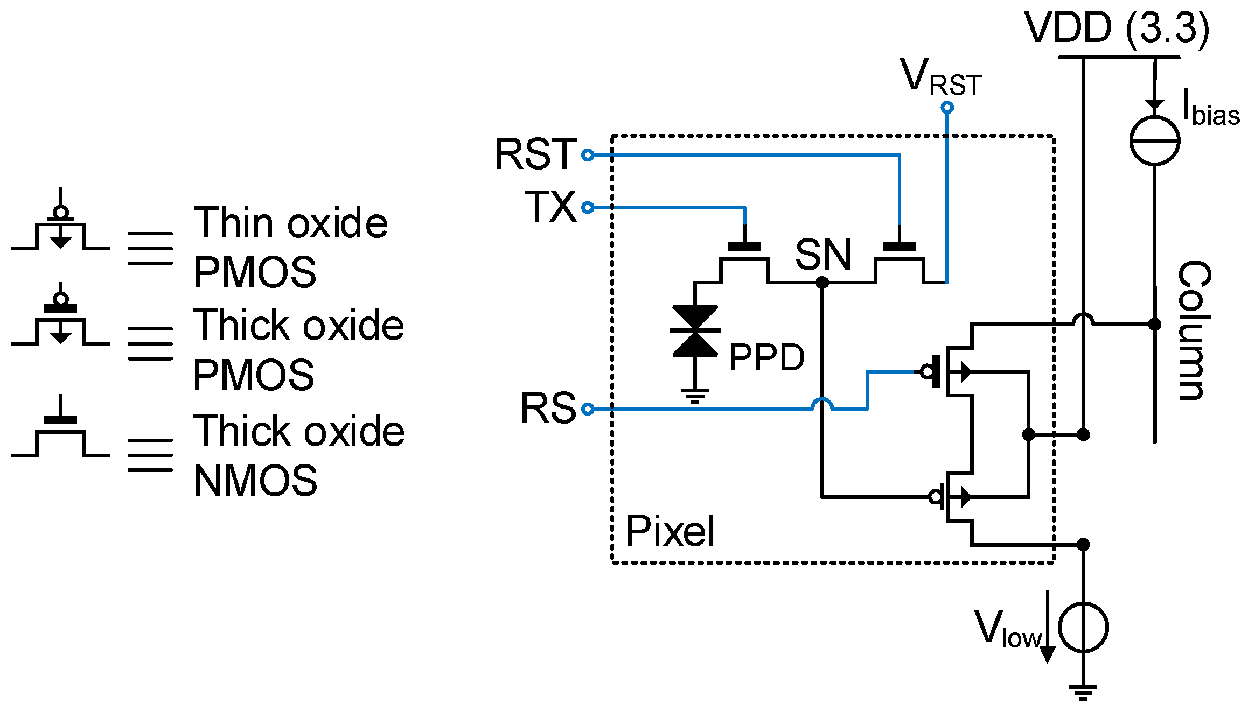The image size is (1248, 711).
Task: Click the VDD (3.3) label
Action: pos(1116,28)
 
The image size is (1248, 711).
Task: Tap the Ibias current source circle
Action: pos(1154,141)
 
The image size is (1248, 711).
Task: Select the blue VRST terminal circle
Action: pos(947,108)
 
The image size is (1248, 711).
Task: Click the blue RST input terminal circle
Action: pos(588,156)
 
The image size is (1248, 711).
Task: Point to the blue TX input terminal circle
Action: pos(588,207)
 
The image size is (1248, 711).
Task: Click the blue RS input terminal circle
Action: pos(588,409)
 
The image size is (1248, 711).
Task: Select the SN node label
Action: pos(822,255)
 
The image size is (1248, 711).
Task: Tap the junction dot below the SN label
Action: pos(822,282)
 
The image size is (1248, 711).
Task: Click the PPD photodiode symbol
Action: pos(695,331)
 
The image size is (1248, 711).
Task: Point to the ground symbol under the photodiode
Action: pos(695,396)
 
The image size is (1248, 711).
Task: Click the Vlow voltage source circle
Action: pos(1083,628)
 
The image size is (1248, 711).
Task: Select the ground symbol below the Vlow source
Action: pos(1083,692)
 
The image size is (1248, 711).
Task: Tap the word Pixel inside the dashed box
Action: pos(670,531)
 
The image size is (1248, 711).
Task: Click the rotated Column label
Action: pos(1194,330)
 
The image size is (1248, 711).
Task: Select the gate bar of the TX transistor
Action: pos(744,247)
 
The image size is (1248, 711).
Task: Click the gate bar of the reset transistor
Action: pos(899,247)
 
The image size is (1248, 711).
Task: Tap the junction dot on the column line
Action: pos(1154,325)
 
